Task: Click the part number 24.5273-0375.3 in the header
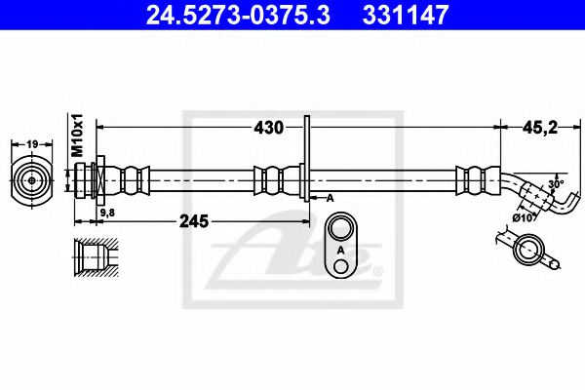(x=238, y=15)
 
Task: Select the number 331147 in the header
(x=405, y=15)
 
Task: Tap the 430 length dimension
(x=269, y=128)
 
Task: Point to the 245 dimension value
(x=194, y=221)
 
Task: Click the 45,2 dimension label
(x=540, y=128)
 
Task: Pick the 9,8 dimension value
(x=108, y=213)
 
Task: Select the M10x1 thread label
(x=78, y=136)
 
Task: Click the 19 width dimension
(x=32, y=143)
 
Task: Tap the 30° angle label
(x=556, y=183)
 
